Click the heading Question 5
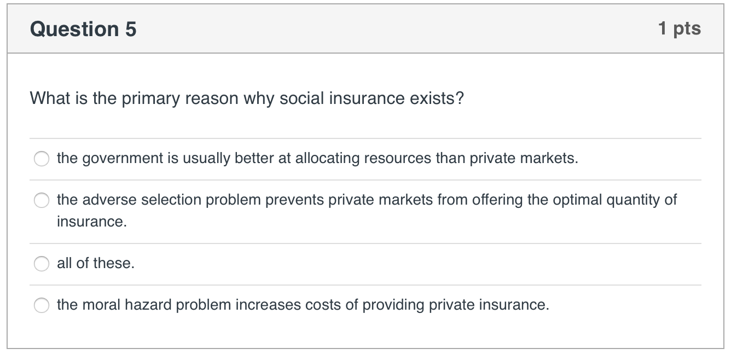tap(83, 29)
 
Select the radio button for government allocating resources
tap(42, 159)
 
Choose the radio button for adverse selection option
tap(42, 201)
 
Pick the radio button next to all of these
tap(42, 264)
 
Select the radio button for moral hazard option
tap(42, 306)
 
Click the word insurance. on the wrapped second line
tap(91, 222)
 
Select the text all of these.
tap(95, 264)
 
